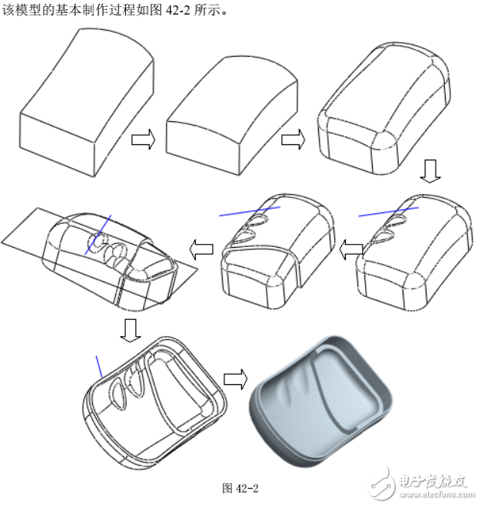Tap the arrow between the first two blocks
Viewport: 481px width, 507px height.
(x=143, y=140)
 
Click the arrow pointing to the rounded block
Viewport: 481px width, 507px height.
(x=293, y=140)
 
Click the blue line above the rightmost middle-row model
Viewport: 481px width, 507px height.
(x=388, y=209)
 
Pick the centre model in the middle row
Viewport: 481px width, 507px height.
(x=277, y=253)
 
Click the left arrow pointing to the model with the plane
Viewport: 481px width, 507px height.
(x=202, y=247)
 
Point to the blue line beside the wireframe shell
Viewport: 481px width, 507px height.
(x=98, y=367)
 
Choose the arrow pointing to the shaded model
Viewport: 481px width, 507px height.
(x=235, y=379)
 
